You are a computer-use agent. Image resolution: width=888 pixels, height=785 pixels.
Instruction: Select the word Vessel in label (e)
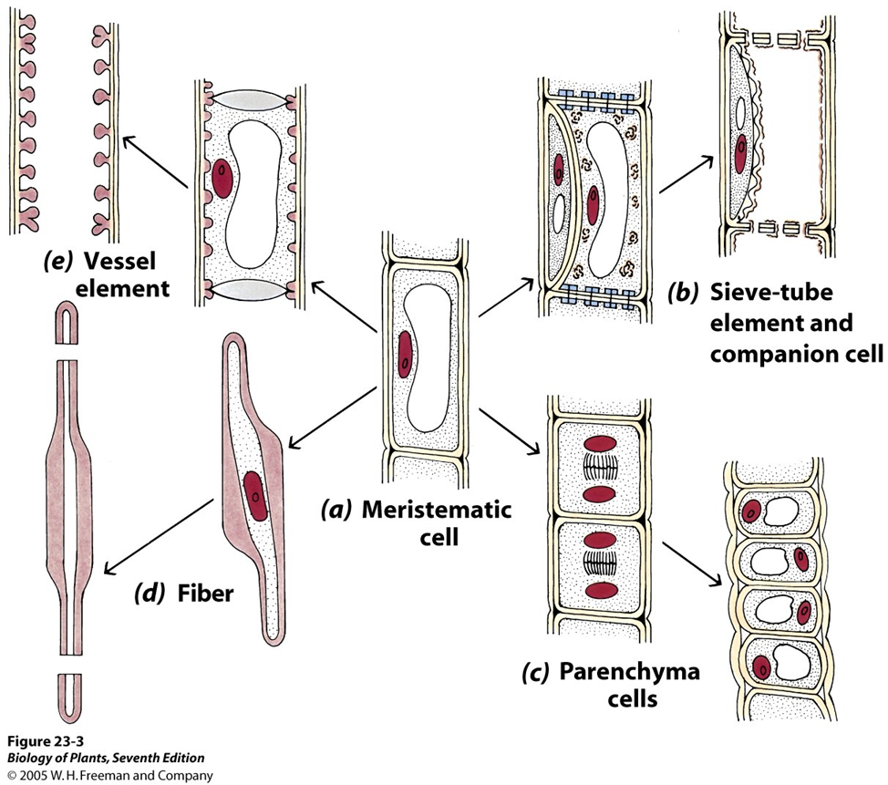(x=121, y=261)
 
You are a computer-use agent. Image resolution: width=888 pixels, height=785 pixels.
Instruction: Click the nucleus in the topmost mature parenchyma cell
(x=752, y=512)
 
